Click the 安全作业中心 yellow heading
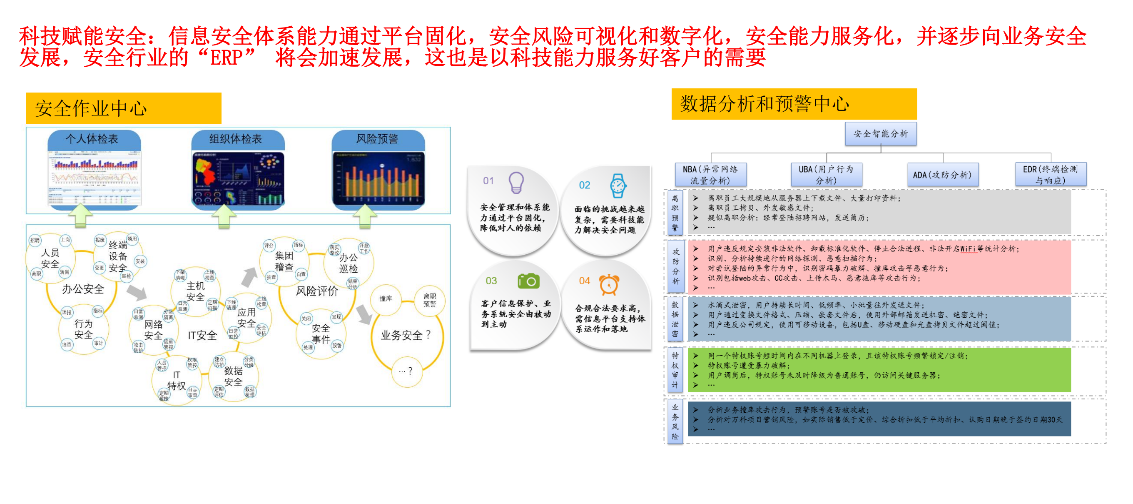point(123,108)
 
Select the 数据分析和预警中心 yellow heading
point(794,104)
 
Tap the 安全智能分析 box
point(881,134)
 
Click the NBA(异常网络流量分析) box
point(710,175)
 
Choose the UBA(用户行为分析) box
point(826,175)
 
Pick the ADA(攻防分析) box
point(942,175)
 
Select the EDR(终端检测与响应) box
point(1050,175)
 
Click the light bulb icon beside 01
point(516,182)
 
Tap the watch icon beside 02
point(618,186)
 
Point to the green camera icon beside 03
point(528,281)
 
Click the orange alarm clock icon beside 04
point(609,284)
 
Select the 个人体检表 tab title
point(92,139)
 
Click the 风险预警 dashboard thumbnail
point(378,179)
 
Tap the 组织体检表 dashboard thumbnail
point(238,179)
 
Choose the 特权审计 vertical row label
point(675,370)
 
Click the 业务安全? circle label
point(406,336)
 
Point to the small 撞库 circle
point(385,299)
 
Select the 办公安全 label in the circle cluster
point(83,289)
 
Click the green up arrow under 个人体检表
point(80,216)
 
